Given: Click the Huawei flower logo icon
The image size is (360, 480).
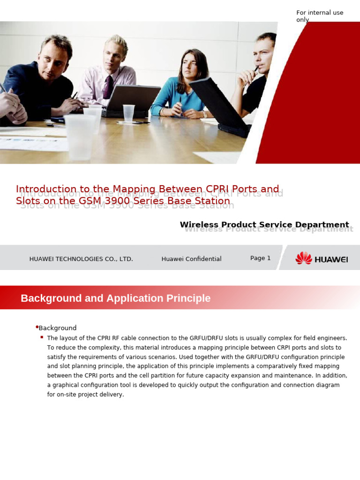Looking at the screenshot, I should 303,258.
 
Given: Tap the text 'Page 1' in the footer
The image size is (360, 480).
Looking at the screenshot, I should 260,258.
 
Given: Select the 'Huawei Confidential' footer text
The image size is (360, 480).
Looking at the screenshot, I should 191,259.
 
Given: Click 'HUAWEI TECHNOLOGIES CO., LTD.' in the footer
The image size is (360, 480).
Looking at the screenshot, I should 81,259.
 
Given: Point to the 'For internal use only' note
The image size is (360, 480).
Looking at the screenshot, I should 320,16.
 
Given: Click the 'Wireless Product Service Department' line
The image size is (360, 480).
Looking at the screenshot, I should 264,225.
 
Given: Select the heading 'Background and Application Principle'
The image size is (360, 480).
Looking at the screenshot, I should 115,298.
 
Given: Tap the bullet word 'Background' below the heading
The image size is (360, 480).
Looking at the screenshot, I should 57,328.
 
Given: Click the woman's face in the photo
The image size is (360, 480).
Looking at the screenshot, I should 187,67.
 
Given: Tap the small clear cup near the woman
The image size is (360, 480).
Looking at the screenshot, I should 128,113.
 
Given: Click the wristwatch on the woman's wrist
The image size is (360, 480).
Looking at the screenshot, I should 204,114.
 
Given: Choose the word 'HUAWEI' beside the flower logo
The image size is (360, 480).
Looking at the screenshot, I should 331,259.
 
